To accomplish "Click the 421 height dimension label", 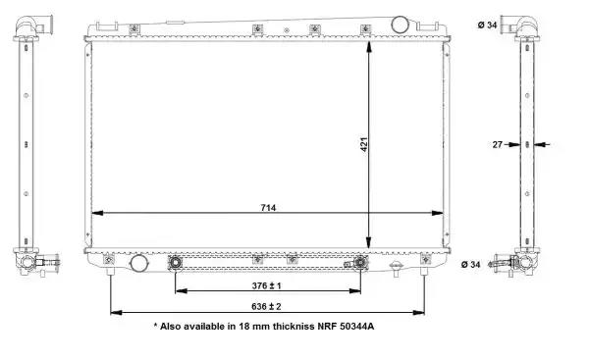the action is coord(364,144).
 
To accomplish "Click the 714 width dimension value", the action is coord(268,208).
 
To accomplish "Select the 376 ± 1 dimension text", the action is coord(266,285).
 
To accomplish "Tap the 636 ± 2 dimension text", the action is coord(266,307).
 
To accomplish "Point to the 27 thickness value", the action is coord(498,144).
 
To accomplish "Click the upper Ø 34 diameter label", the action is coord(488,26).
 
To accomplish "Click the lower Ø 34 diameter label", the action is coord(470,265).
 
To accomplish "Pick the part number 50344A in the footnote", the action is coord(357,327).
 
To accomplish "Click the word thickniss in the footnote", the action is coord(293,327).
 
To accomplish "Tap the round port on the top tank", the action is coord(400,25).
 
